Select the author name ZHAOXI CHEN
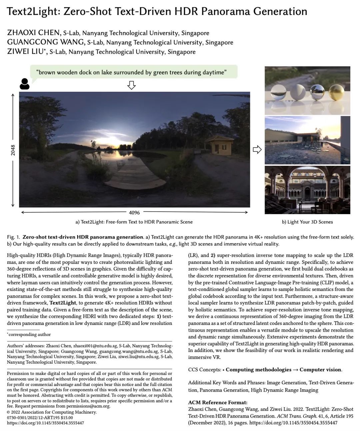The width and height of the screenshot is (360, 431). pyautogui.click(x=33, y=33)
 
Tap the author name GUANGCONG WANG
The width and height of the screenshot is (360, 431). pyautogui.click(x=46, y=42)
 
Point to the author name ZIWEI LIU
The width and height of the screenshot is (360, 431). pyautogui.click(x=25, y=51)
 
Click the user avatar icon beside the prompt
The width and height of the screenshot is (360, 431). pyautogui.click(x=24, y=84)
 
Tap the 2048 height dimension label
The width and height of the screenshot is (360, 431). pyautogui.click(x=13, y=150)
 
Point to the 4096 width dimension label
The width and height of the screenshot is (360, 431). pyautogui.click(x=134, y=212)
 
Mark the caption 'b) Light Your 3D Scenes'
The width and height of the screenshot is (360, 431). pyautogui.click(x=307, y=222)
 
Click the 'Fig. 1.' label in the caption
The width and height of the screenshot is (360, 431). pyautogui.click(x=13, y=237)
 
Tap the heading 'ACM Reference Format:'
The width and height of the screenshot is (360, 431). pyautogui.click(x=218, y=403)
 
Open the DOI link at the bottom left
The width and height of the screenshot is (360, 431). pyautogui.click(x=45, y=423)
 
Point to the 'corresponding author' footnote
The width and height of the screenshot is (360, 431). pyautogui.click(x=30, y=334)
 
